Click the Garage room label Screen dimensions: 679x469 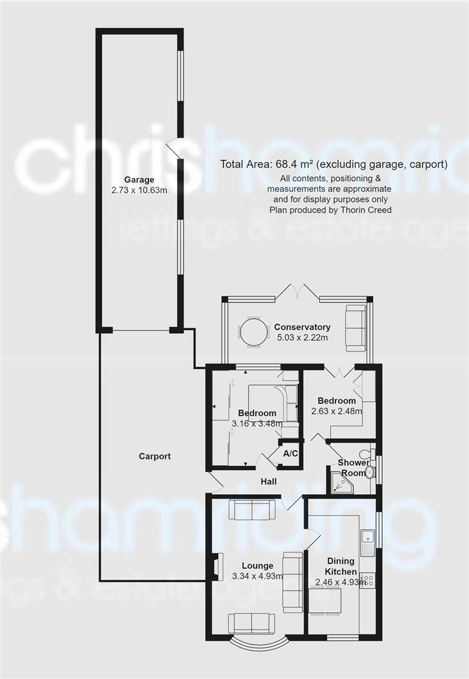tap(139, 180)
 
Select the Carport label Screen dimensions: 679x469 tap(155, 456)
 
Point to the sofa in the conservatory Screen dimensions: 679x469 tap(355, 328)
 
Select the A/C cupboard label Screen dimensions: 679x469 tap(290, 453)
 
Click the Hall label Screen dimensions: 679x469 tap(270, 482)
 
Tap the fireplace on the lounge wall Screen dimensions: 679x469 tap(216, 567)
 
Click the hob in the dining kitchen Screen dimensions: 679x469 tap(368, 579)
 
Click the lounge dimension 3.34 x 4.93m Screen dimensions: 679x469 tap(257, 576)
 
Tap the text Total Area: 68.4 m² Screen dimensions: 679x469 tap(267, 165)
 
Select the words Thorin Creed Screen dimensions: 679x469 tap(367, 209)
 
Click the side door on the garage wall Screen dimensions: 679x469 tap(174, 148)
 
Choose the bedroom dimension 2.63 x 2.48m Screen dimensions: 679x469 tap(337, 412)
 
